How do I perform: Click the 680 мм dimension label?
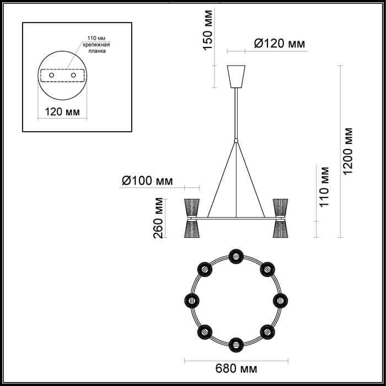click(236, 369)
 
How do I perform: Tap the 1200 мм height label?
click(347, 152)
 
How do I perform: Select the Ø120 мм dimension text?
click(280, 44)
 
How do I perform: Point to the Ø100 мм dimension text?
click(147, 181)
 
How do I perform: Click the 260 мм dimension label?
click(158, 218)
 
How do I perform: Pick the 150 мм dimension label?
click(207, 30)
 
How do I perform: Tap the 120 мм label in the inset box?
click(62, 112)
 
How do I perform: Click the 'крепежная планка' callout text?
click(96, 48)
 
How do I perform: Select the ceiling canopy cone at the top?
click(236, 77)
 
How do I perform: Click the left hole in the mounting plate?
click(51, 75)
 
